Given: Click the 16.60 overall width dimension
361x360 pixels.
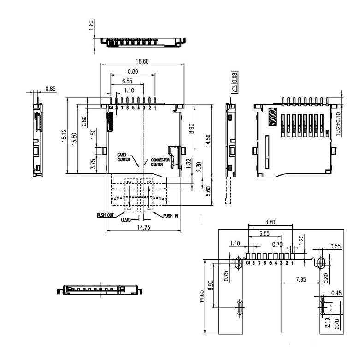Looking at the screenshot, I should [x=142, y=61].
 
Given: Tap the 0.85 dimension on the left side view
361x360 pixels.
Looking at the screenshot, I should [x=51, y=89].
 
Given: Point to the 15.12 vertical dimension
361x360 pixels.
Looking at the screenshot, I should [x=64, y=136].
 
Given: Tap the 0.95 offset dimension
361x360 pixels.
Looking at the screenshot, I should [x=126, y=220].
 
